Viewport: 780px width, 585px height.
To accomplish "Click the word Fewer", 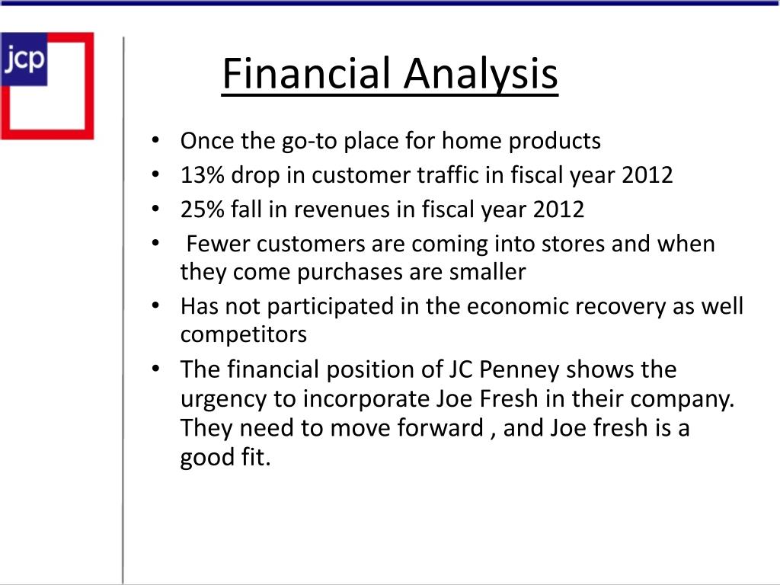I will pyautogui.click(x=218, y=245).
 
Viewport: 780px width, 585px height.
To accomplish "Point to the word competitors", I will pyautogui.click(x=243, y=334).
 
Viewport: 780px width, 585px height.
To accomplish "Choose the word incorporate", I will pyautogui.click(x=366, y=398).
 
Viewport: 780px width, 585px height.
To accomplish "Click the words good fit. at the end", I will pyautogui.click(x=225, y=458).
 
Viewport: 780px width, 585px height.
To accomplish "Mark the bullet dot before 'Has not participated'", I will pyautogui.click(x=155, y=305).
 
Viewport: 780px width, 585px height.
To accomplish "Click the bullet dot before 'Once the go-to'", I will pyautogui.click(x=155, y=141).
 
